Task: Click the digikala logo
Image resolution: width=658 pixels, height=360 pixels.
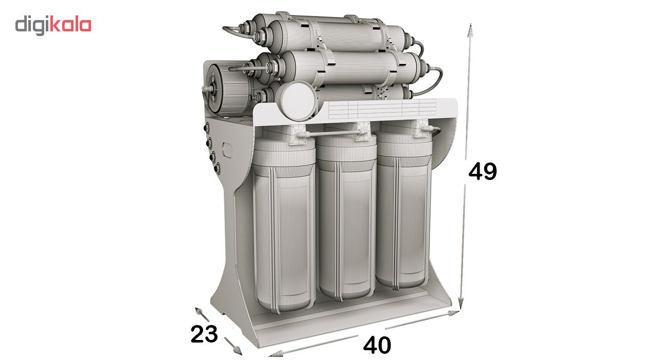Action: click(53, 26)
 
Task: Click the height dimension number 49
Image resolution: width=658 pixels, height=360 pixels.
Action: click(483, 171)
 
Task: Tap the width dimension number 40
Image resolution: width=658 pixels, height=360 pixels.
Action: click(377, 345)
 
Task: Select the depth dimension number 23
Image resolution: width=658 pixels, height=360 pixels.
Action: click(204, 334)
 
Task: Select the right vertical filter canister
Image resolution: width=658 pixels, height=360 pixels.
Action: click(404, 209)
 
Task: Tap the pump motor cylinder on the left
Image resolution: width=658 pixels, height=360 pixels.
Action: click(229, 89)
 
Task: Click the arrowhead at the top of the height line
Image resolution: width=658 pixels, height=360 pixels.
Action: click(470, 30)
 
